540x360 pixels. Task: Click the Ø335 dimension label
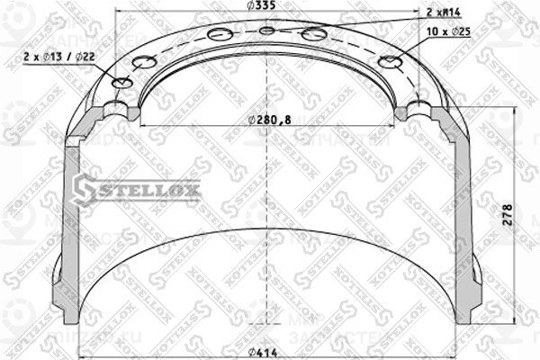[265, 8]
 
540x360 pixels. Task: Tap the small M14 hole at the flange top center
[266, 31]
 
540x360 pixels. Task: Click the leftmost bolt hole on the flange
[123, 83]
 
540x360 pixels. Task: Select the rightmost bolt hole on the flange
[391, 62]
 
